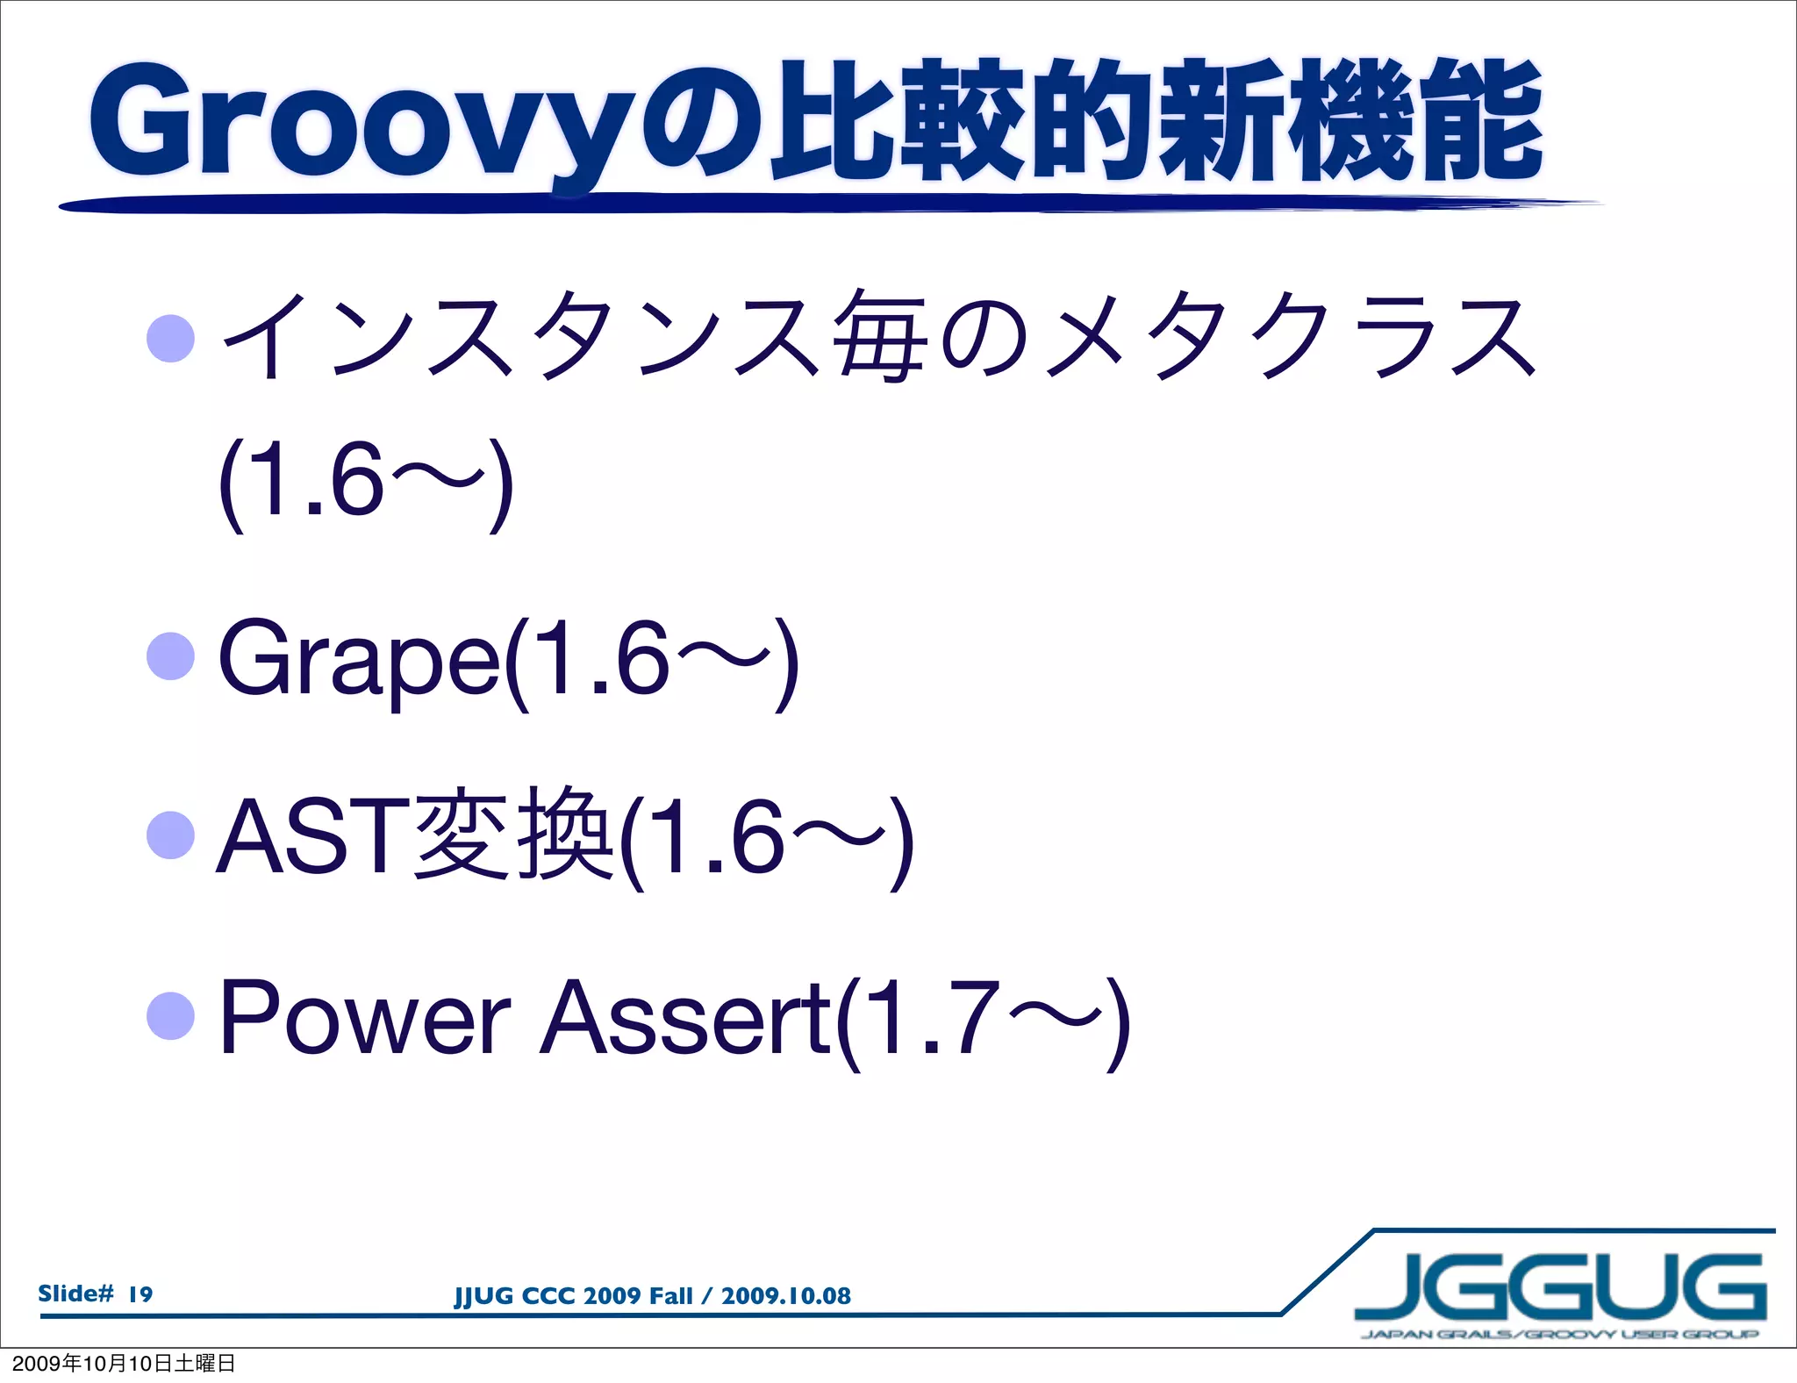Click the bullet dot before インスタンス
point(170,339)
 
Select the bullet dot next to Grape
point(170,656)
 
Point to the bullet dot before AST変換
point(170,835)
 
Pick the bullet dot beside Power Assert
point(170,1016)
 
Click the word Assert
point(684,1018)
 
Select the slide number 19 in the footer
point(140,1293)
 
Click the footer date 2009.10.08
point(785,1296)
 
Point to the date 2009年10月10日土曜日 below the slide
point(123,1364)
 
